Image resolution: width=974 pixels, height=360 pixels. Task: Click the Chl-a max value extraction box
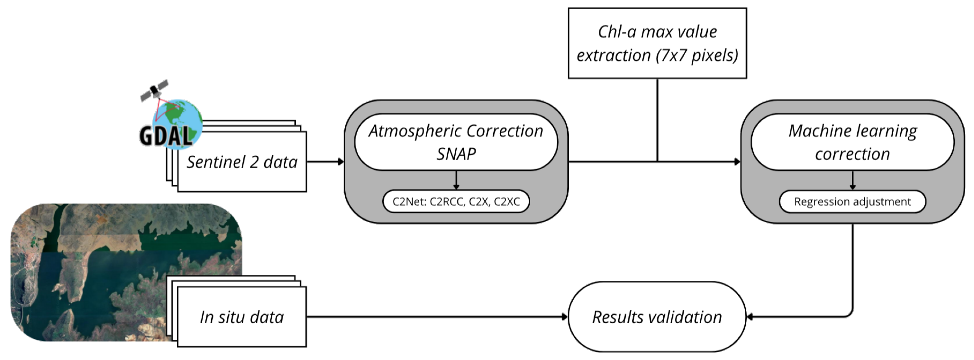[657, 43]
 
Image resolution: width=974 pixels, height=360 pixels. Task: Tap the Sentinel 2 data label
[242, 162]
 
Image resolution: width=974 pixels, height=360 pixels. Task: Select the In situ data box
[241, 317]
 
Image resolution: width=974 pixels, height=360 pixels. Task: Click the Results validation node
[657, 317]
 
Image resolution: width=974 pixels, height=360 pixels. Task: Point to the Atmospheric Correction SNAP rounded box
[456, 142]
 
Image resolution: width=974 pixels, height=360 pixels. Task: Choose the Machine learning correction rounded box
[852, 142]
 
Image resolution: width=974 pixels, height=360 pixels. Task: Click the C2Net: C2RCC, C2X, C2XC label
[456, 201]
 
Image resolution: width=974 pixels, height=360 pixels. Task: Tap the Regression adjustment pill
[852, 201]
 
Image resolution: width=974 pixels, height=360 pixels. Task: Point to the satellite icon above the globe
[154, 90]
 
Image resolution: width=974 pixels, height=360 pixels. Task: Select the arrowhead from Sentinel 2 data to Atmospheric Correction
[341, 162]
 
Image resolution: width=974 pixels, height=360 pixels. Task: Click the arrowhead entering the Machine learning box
[737, 162]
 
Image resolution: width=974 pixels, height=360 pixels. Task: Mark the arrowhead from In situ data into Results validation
[565, 317]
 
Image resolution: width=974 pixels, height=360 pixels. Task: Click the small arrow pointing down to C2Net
[456, 180]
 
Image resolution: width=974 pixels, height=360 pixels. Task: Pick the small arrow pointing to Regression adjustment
[852, 180]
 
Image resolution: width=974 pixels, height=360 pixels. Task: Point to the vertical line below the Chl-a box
[657, 120]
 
